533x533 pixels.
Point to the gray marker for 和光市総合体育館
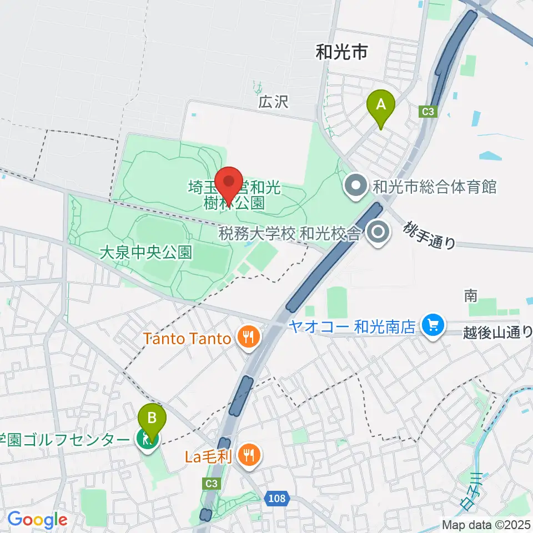coord(355,187)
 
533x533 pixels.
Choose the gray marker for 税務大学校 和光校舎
coord(379,233)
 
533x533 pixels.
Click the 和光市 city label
coord(341,53)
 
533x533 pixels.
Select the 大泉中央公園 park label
coord(146,254)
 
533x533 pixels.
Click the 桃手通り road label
coord(430,235)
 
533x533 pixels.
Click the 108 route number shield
coord(276,498)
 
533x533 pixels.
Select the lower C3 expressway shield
coord(211,483)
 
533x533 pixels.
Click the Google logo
coord(37,520)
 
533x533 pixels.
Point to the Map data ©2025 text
coord(486,524)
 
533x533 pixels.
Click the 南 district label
coord(470,296)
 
